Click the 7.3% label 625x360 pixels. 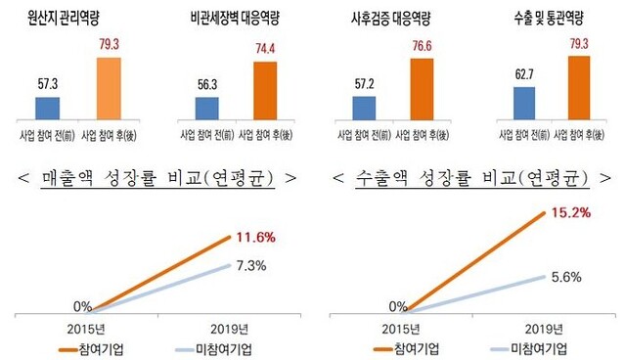coord(252,264)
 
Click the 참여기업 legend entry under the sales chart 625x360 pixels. coord(102,348)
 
